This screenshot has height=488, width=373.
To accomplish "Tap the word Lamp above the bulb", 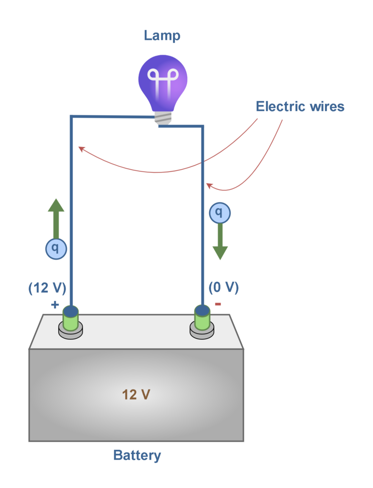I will pos(162,36).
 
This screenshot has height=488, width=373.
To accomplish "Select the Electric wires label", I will pos(300,106).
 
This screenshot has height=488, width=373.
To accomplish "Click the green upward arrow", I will pos(56,219).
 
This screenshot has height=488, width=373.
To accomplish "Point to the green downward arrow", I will pos(220,241).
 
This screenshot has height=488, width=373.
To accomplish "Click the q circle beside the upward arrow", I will pos(55,248).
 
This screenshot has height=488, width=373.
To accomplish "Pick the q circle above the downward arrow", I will pos(219,213).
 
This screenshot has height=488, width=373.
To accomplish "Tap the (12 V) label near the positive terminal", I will pos(47,288).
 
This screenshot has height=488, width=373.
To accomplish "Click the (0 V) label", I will pos(223,288).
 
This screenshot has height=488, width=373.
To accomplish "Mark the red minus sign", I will pos(218,304).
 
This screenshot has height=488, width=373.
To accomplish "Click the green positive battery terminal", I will pos(71,320).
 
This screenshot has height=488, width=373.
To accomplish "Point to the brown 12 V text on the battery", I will pos(137,395).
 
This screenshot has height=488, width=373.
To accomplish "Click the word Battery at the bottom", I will pos(137,455).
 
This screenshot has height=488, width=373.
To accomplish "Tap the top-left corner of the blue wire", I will pos(71,117).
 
